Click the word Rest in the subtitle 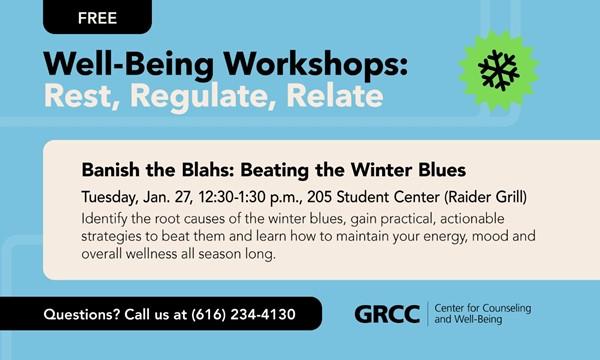point(81,96)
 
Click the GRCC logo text point(388,314)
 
